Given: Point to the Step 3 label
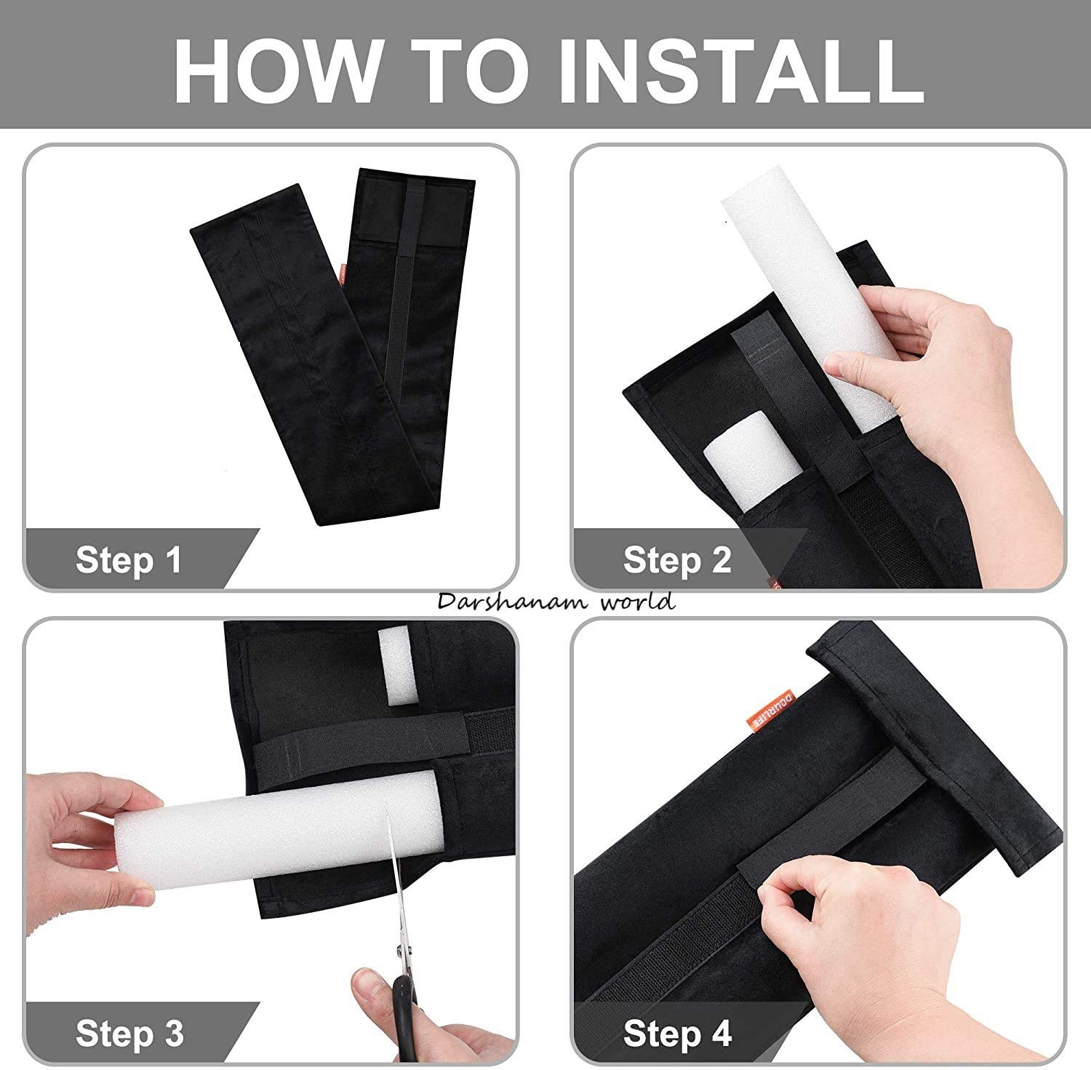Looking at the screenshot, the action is click(129, 1033).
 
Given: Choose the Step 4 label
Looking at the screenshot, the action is click(677, 1033).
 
